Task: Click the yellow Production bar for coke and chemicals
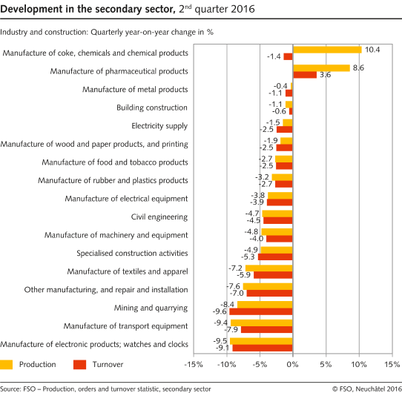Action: click(327, 50)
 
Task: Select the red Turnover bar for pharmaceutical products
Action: click(304, 75)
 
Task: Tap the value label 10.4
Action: click(373, 49)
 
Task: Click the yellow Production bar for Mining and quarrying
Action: click(279, 304)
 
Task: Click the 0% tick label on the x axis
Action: click(292, 365)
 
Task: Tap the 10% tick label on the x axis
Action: click(359, 365)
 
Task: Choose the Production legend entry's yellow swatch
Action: click(7, 364)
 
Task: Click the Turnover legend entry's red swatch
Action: click(82, 364)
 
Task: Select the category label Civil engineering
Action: click(159, 217)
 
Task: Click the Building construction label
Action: click(152, 108)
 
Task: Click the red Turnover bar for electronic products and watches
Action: click(263, 348)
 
